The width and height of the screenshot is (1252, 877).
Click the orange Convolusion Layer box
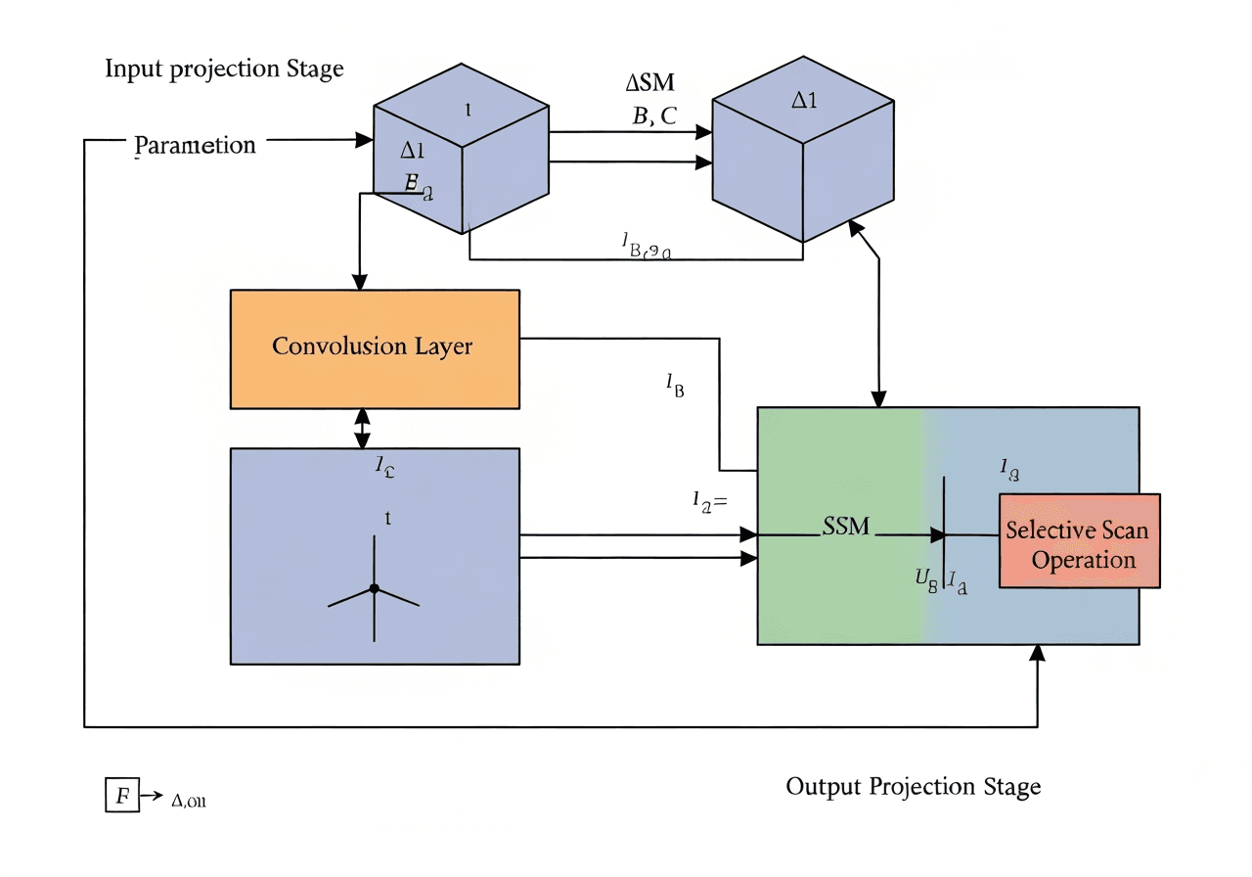point(374,348)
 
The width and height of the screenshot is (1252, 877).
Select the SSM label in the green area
point(846,527)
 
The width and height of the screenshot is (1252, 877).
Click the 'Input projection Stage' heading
point(224,69)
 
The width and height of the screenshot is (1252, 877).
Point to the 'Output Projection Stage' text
point(913,786)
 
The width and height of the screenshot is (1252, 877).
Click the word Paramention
point(195,145)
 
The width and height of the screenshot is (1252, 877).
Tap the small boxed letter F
point(121,795)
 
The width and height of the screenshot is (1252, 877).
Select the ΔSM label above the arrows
point(650,83)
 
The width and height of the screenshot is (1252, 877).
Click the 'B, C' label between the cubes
point(654,116)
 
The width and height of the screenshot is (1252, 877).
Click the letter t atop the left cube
point(469,111)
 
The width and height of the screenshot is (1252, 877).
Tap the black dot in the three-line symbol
point(374,588)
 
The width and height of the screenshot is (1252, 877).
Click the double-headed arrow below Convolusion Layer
point(363,428)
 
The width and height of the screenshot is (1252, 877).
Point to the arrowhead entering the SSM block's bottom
point(1037,653)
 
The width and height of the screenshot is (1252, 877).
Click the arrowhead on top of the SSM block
point(878,398)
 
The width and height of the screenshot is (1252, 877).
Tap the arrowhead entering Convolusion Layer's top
point(361,282)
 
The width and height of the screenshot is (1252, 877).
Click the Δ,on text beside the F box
point(189,801)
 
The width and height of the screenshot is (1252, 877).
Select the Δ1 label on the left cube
point(412,151)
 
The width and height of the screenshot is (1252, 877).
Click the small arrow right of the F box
point(152,796)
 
